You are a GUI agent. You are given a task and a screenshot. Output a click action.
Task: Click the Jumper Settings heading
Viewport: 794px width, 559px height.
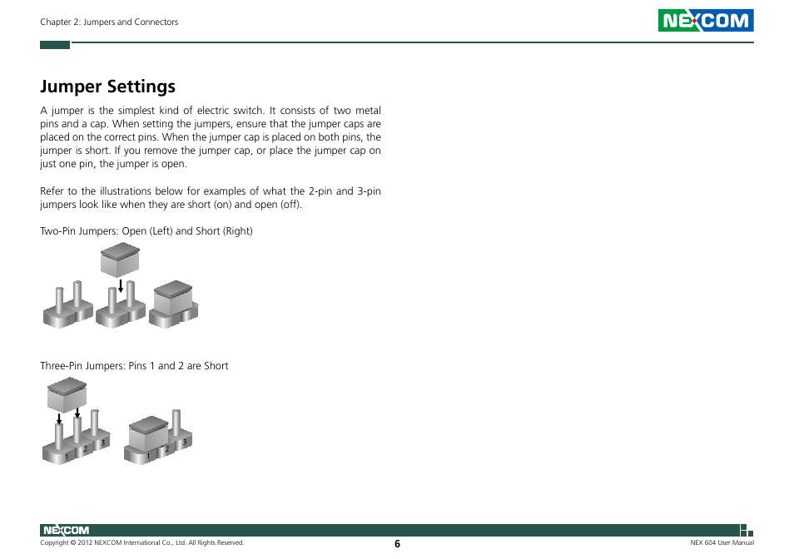coord(108,87)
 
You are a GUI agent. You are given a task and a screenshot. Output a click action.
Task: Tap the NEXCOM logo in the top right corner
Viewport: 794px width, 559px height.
coord(706,21)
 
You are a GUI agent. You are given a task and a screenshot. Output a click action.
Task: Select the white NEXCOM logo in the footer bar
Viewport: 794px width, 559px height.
coord(65,531)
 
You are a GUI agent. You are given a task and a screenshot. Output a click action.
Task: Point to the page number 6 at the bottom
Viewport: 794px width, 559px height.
coord(397,544)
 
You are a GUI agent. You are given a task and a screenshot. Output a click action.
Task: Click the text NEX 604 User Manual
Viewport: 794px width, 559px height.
coord(722,543)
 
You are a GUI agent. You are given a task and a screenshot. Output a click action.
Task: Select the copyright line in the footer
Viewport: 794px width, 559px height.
coord(142,543)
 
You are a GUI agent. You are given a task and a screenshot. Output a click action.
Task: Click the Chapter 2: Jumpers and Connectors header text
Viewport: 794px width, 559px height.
coord(109,22)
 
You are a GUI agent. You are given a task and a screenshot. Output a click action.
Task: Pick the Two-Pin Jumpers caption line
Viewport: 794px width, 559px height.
coord(146,230)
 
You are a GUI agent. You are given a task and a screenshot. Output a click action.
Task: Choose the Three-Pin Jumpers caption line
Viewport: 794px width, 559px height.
coord(134,366)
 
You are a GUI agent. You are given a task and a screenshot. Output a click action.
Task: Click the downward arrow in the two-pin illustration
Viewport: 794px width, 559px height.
coord(121,286)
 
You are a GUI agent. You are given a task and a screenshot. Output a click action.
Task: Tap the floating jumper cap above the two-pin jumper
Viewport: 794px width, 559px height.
coord(120,260)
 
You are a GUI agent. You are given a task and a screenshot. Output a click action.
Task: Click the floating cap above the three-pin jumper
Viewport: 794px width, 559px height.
coord(67,393)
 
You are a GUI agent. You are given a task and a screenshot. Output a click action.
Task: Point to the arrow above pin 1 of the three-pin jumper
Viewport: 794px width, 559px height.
coord(59,418)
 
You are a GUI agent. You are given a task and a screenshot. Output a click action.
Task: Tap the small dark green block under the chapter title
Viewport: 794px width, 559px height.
coord(55,45)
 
